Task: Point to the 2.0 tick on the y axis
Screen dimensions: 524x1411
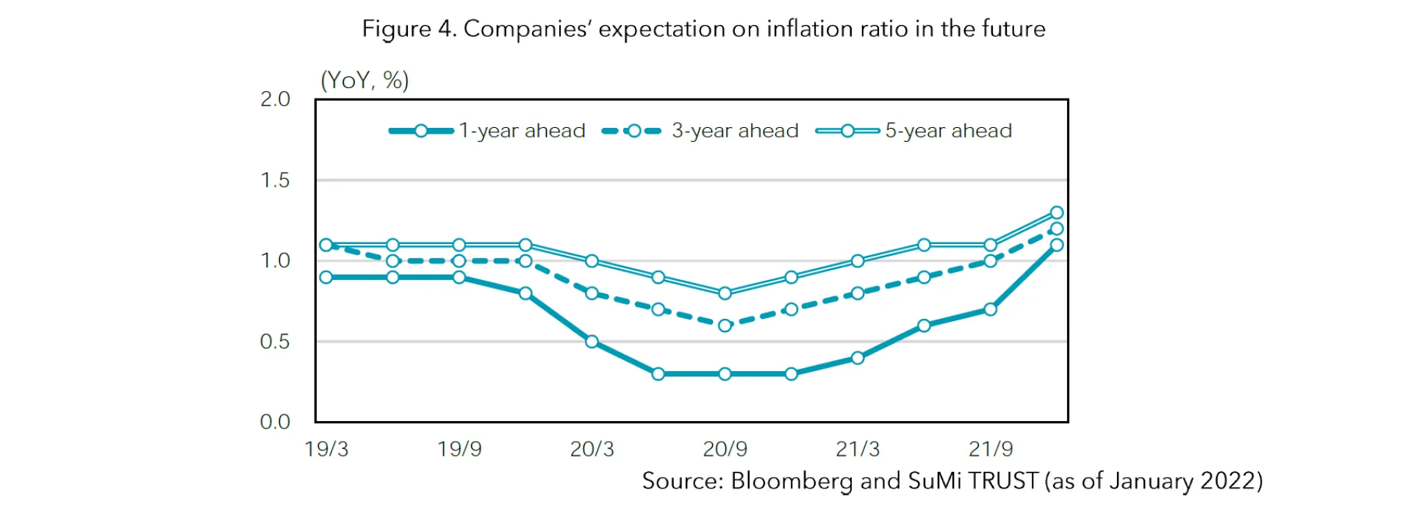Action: coord(276,99)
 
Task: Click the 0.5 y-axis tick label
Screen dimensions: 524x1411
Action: coord(276,342)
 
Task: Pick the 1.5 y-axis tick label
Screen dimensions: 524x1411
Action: coord(276,180)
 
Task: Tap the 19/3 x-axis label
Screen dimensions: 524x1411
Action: coord(326,449)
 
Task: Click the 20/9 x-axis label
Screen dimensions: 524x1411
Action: coord(725,449)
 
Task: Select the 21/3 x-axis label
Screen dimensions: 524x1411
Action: coord(858,449)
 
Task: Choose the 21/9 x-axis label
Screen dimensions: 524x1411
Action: coord(991,449)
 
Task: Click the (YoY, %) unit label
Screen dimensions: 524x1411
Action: coord(365,80)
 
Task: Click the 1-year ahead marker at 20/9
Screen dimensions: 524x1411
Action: coord(725,374)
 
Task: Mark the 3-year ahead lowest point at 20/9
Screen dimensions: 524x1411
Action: coord(725,326)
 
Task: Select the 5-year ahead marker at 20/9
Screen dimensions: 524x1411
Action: coord(725,293)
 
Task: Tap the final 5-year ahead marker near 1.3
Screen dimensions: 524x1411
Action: coord(1057,212)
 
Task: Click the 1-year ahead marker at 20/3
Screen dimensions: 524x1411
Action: coord(592,342)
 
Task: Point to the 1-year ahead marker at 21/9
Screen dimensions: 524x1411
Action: coord(990,309)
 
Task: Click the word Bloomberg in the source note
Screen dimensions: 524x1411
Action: coord(791,481)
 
